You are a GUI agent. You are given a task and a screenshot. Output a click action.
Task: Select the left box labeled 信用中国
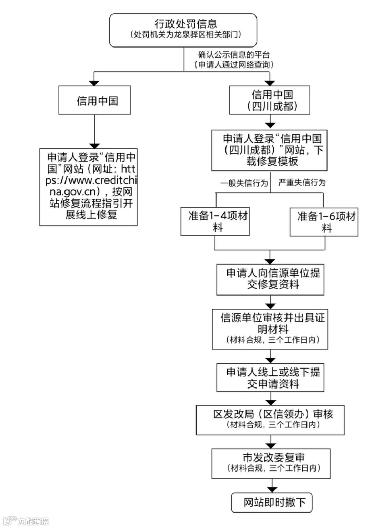click(x=94, y=100)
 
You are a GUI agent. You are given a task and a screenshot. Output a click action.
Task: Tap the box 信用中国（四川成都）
click(x=270, y=100)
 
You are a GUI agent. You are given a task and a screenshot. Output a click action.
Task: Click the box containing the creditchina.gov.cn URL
click(x=89, y=187)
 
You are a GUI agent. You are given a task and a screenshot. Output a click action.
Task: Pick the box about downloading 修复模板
click(x=269, y=150)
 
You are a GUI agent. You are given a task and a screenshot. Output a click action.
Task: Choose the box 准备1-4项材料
click(x=215, y=221)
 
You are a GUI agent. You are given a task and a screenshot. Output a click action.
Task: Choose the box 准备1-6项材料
click(x=324, y=222)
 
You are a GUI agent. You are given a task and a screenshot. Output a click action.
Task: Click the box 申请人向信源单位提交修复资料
click(x=270, y=279)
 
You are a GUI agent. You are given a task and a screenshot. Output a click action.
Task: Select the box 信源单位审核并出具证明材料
click(x=270, y=329)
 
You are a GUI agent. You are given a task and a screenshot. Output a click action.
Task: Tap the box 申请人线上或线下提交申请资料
click(x=270, y=377)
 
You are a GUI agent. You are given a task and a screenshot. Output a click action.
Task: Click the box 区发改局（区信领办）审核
click(x=270, y=420)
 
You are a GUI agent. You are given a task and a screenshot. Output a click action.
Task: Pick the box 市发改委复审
click(x=271, y=463)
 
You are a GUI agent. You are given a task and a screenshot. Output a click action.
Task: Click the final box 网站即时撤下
click(x=272, y=503)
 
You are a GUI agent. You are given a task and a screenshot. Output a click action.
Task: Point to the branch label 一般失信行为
click(x=244, y=183)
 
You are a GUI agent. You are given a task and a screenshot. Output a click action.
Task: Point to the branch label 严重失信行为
click(x=302, y=183)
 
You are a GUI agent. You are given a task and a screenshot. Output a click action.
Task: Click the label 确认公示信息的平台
click(x=234, y=55)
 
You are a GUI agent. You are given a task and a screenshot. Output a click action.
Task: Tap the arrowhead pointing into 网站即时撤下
click(x=272, y=490)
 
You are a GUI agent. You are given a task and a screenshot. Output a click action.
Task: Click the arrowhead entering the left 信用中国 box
click(x=94, y=83)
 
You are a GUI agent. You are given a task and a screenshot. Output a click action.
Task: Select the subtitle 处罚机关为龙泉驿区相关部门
click(x=185, y=34)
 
